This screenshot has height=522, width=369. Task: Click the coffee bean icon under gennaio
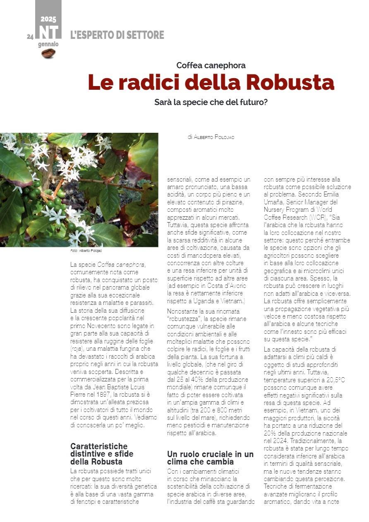[x=48, y=53]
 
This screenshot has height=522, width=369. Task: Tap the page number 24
[x=30, y=37]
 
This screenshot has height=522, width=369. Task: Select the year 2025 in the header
[x=48, y=19]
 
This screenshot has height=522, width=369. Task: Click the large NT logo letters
[x=48, y=32]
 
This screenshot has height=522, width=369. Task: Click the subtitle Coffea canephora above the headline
[x=211, y=65]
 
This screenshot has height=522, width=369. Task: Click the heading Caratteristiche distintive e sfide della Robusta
[x=102, y=454]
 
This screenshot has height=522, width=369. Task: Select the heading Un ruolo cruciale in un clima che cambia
[x=210, y=457]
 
